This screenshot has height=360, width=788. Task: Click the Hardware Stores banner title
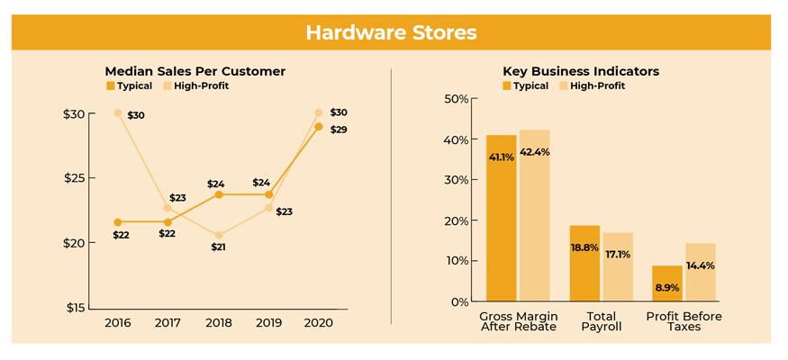click(x=391, y=32)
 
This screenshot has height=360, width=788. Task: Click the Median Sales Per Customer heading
click(x=195, y=71)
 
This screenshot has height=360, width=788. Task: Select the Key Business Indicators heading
click(x=581, y=71)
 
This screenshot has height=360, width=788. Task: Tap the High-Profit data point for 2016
click(x=118, y=112)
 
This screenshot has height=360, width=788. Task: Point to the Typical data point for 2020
click(x=318, y=127)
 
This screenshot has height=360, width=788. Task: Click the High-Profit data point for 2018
click(x=218, y=235)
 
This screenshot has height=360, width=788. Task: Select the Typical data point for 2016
click(x=118, y=222)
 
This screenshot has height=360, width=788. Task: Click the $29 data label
click(x=339, y=130)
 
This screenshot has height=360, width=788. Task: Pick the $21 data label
click(x=218, y=247)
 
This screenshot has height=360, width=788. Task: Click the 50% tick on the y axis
click(x=457, y=98)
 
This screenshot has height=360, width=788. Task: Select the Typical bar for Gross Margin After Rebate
click(x=501, y=218)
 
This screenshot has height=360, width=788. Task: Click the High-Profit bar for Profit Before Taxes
click(x=701, y=272)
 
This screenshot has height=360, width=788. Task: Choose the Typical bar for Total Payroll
click(x=584, y=263)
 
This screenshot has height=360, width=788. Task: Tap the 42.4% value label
click(x=535, y=152)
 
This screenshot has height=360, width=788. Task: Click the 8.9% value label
click(x=666, y=288)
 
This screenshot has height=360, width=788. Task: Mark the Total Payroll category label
click(x=601, y=321)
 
